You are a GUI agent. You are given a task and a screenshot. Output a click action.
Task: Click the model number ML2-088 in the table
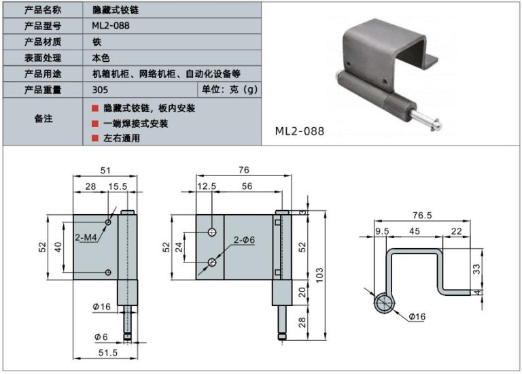111,26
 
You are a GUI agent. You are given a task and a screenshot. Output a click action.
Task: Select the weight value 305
99,89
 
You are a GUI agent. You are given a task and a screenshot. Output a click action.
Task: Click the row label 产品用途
43,73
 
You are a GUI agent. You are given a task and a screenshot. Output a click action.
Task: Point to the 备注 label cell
43,118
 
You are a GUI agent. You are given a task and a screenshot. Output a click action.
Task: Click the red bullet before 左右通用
95,139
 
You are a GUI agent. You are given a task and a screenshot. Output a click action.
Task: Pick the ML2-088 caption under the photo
300,131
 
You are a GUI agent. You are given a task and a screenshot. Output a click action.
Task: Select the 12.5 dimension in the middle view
207,186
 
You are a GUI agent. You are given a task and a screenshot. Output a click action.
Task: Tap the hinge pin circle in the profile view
385,303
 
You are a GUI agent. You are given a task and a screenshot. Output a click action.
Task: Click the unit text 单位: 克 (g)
228,89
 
